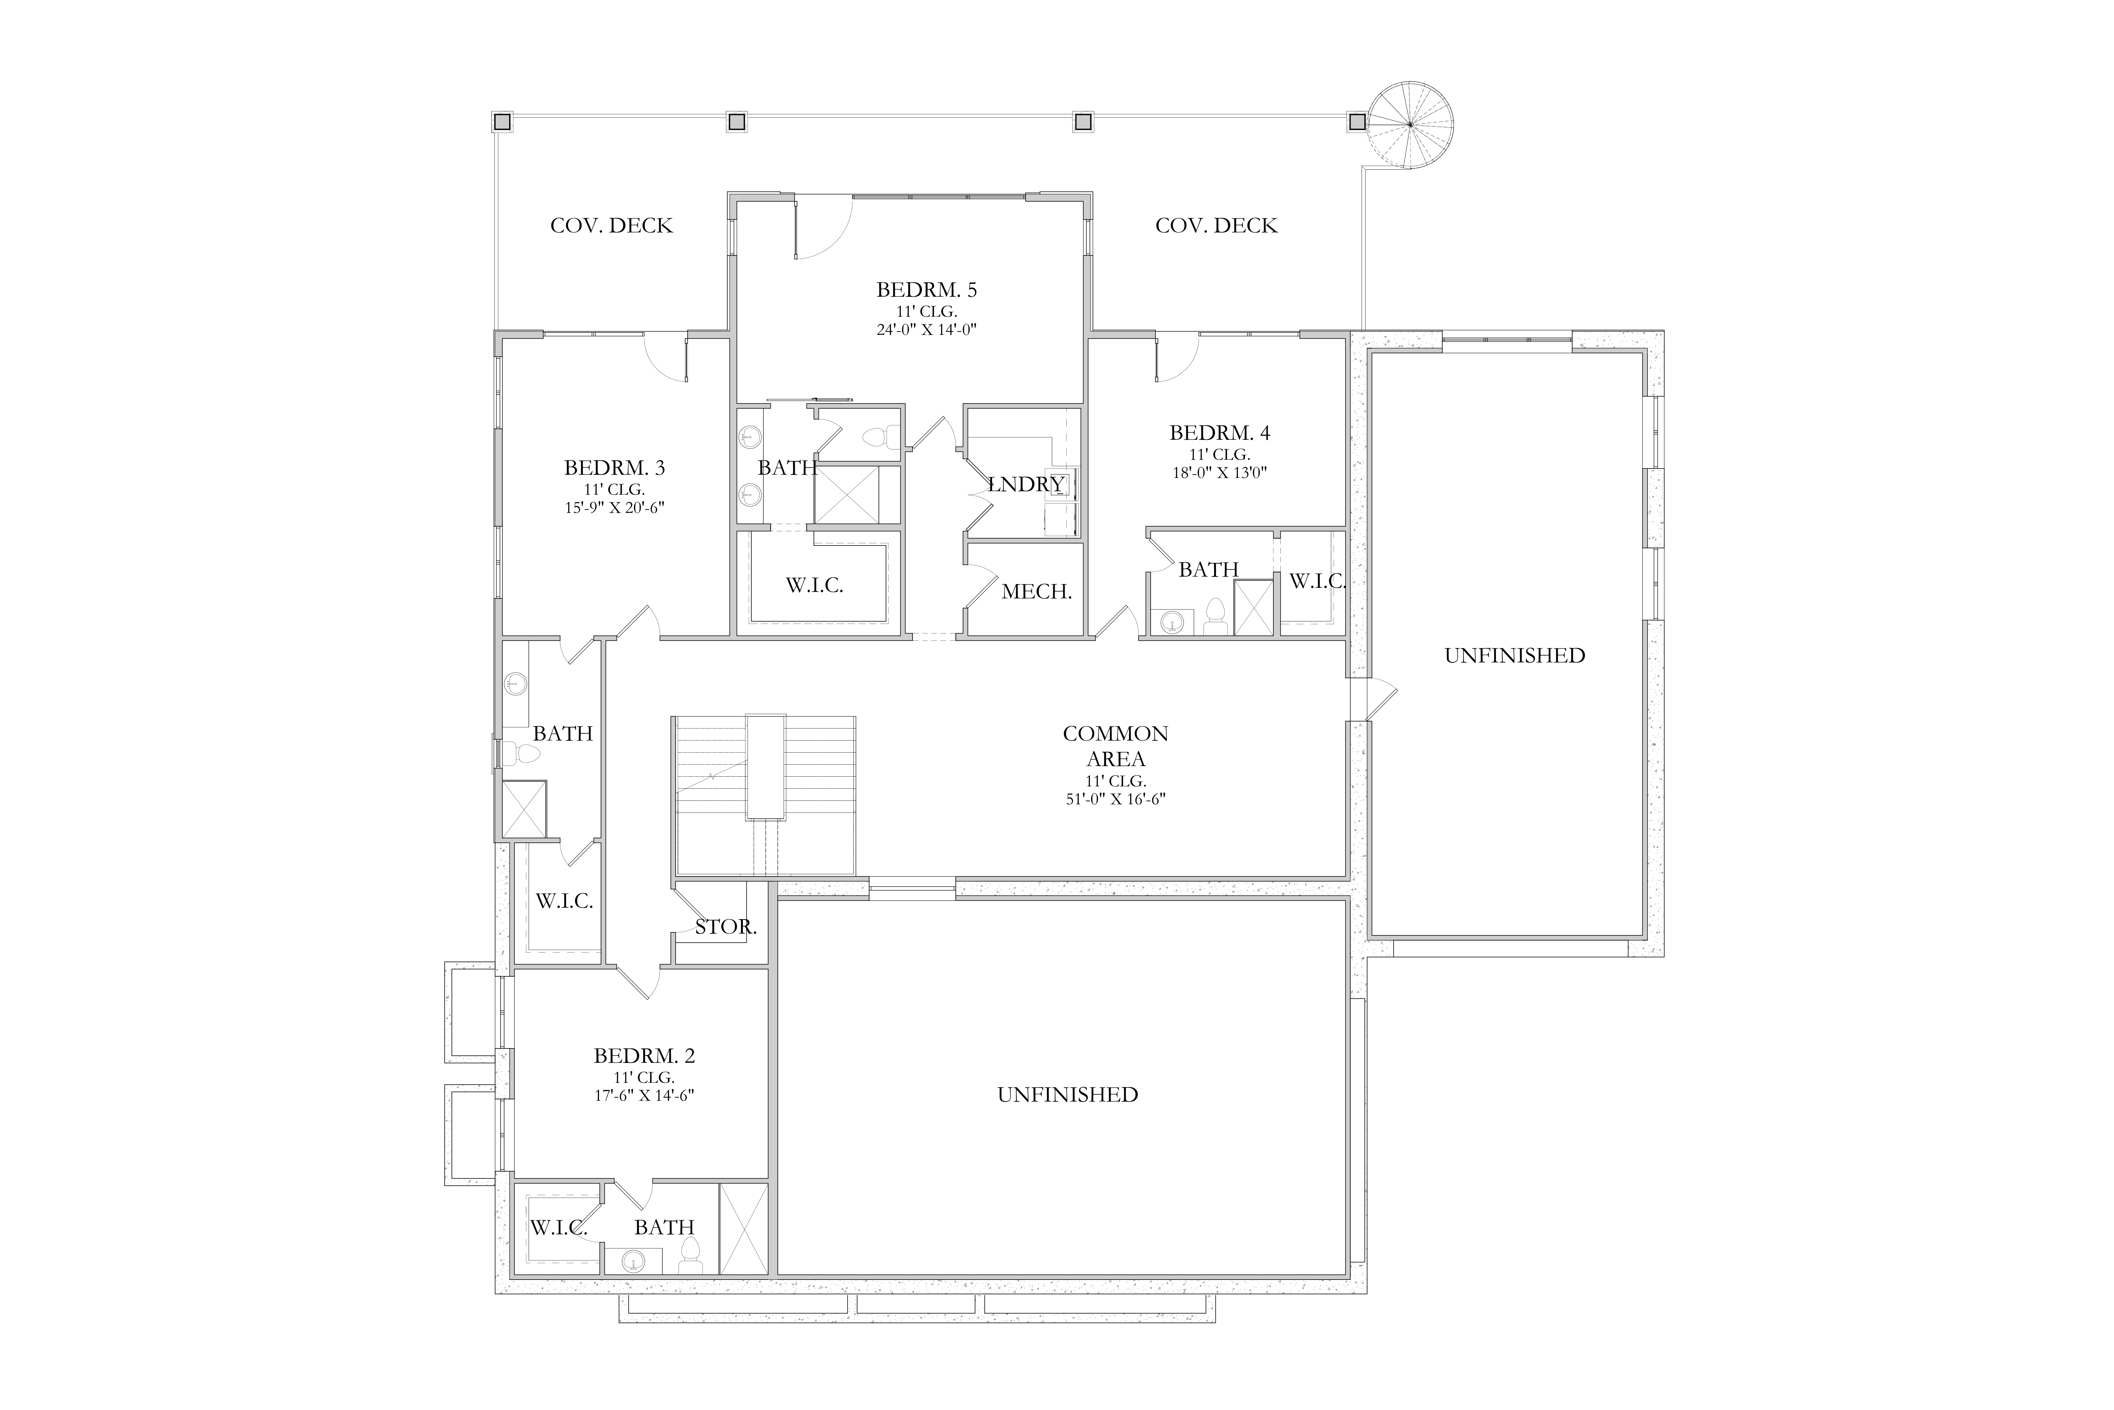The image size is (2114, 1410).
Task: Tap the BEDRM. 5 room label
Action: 927,290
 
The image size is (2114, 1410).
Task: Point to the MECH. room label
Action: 1037,592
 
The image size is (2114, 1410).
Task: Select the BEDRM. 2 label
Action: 644,1055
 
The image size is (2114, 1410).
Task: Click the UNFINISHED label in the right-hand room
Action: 1514,656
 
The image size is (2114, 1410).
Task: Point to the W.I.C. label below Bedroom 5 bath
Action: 814,585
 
